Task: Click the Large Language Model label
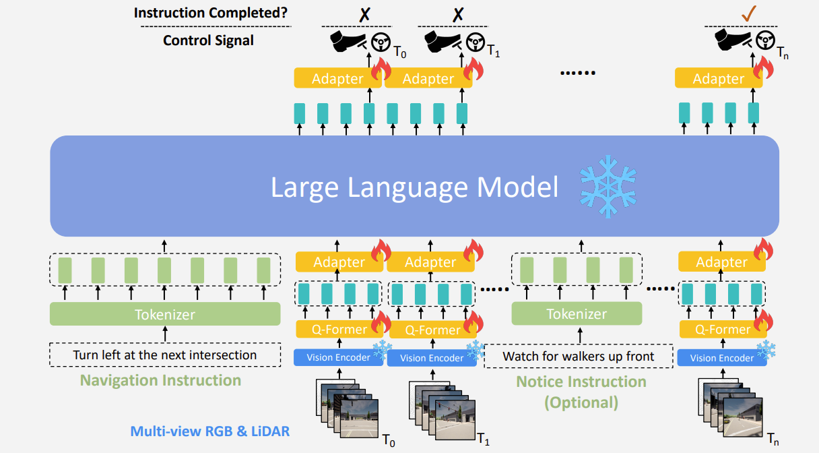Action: coord(414,187)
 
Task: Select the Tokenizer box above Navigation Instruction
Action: coord(165,314)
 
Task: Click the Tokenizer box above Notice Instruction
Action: coord(577,314)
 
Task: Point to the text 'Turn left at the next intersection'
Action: coord(165,355)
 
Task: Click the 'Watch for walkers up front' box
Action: coord(579,356)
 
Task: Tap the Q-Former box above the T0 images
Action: coord(339,330)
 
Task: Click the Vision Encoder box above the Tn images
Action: coord(721,357)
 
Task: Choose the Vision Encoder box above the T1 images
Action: coord(432,358)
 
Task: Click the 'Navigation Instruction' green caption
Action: coord(160,380)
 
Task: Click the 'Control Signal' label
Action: coord(208,40)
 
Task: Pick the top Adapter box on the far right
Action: coord(719,79)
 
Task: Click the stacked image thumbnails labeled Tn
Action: coord(731,404)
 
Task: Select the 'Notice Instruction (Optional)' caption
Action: coord(581,392)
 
